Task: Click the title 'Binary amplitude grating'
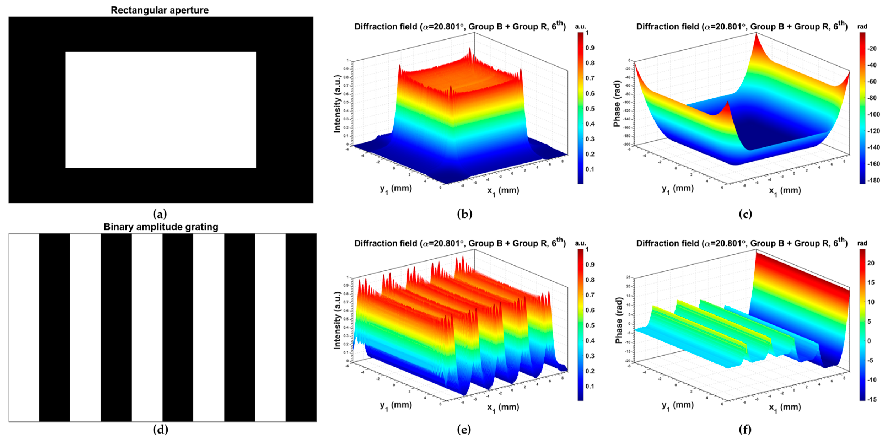[161, 227]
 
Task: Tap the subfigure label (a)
[160, 214]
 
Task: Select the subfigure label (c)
[745, 214]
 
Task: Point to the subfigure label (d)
[160, 430]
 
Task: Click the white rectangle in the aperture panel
[160, 110]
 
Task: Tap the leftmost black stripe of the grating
[55, 327]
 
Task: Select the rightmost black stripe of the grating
[301, 327]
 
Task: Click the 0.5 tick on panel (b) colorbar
[590, 109]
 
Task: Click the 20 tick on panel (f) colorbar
[871, 263]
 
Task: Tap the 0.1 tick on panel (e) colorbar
[590, 386]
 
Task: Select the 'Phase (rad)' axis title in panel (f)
[619, 320]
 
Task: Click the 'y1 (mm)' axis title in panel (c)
[677, 189]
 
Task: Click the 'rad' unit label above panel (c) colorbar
[862, 26]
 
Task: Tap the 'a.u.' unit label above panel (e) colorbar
[581, 243]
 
